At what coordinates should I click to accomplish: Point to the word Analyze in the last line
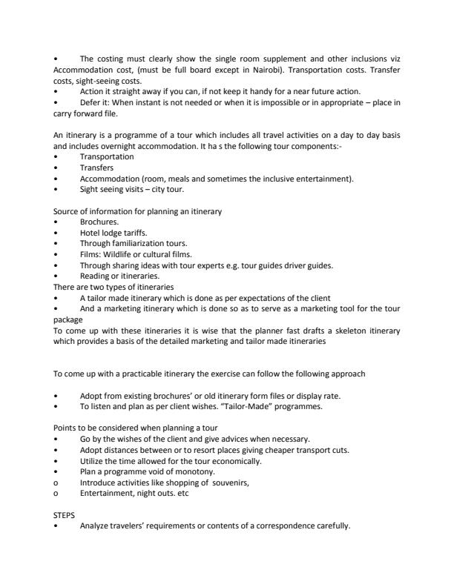tap(97, 525)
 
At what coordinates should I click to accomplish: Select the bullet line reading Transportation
tap(107, 157)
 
